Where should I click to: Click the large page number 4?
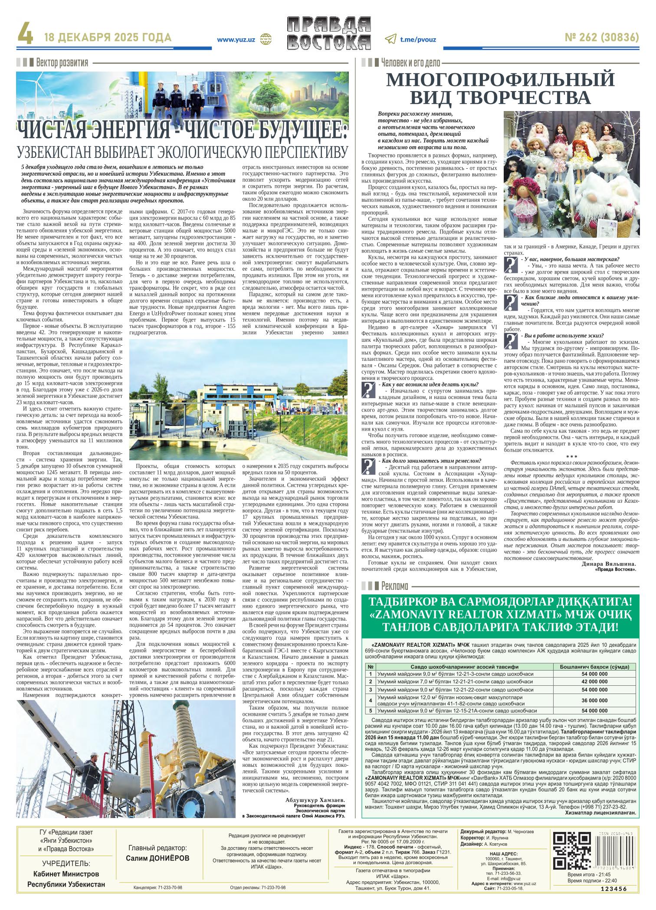(25, 38)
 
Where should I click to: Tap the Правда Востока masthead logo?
(329, 39)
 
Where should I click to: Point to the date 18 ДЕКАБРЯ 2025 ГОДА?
(108, 38)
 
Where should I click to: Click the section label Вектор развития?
(62, 62)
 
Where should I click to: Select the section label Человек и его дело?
(410, 62)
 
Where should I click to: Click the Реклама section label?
(395, 586)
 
